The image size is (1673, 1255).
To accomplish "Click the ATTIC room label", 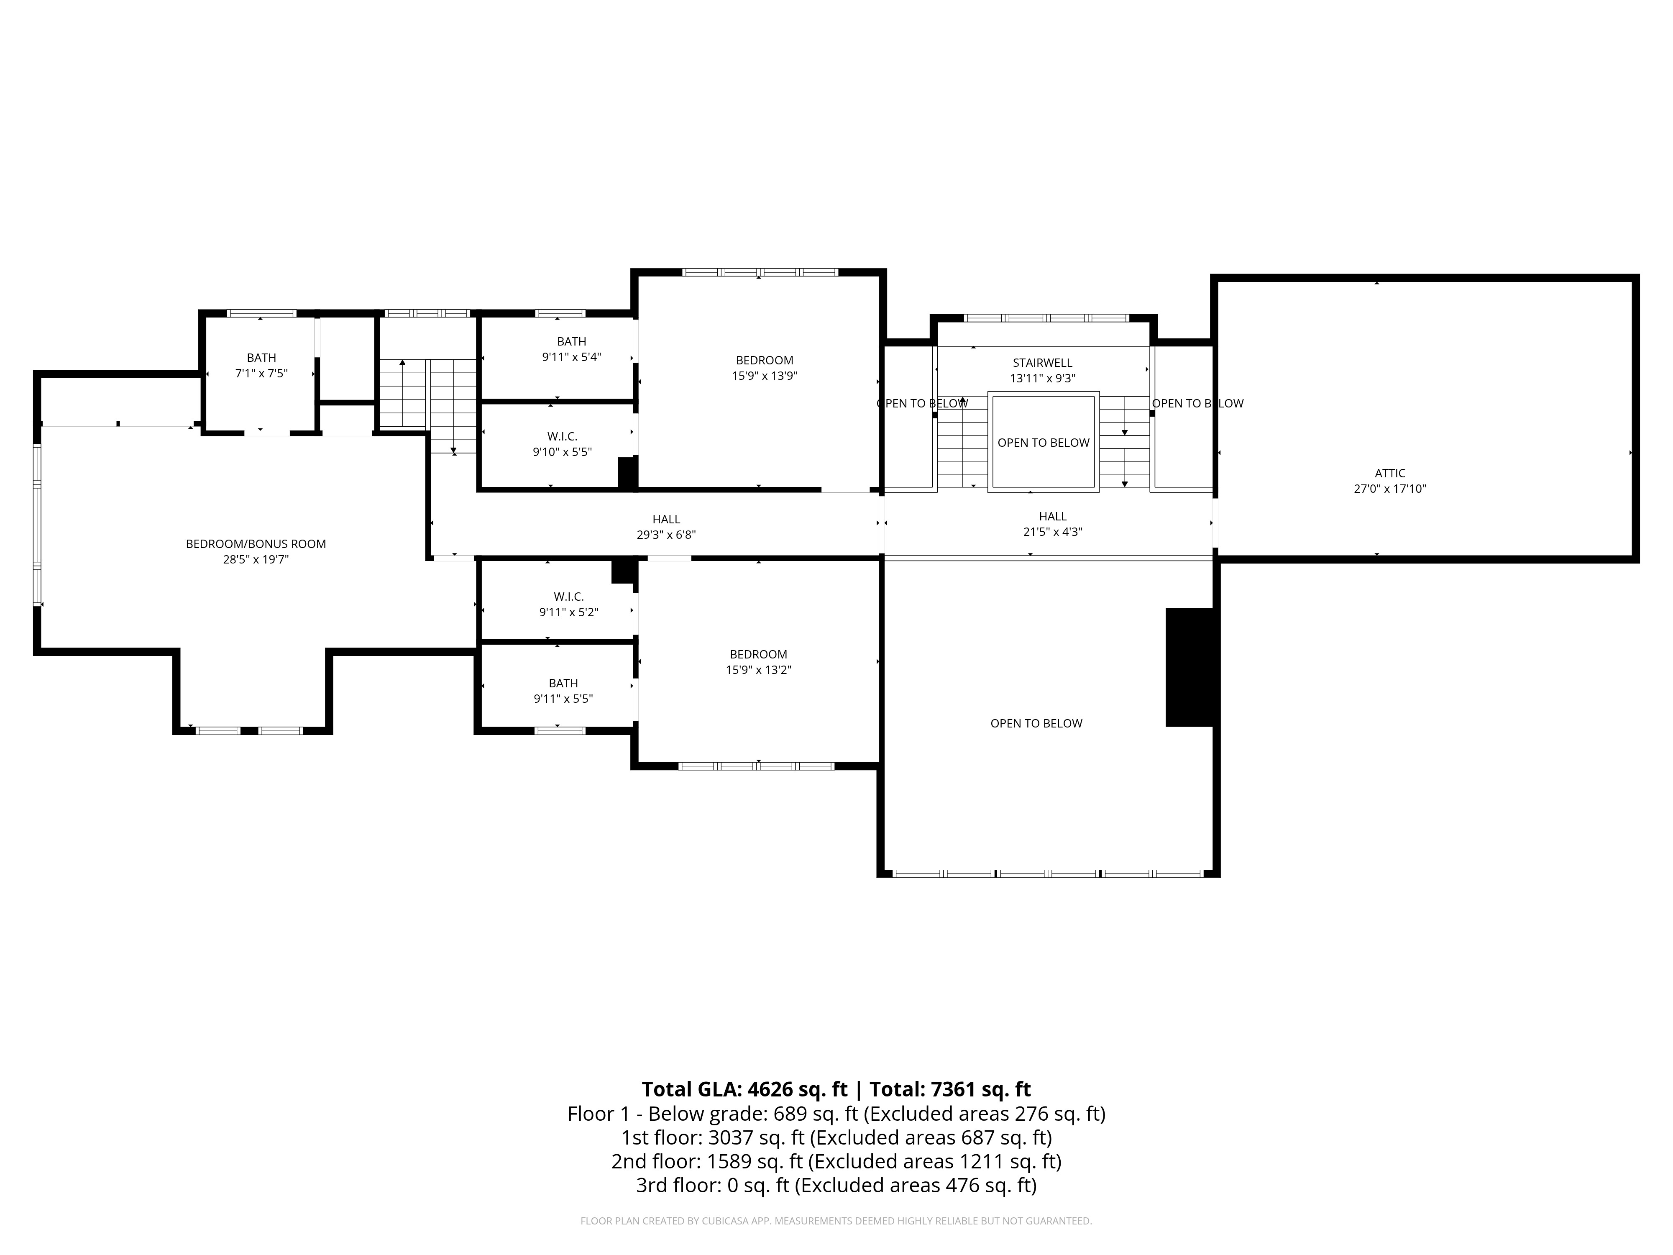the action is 1390,474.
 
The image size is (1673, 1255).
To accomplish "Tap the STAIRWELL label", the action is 1042,363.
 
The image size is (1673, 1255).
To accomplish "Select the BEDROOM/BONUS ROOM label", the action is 256,544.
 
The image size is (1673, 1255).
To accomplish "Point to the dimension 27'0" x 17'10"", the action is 1390,489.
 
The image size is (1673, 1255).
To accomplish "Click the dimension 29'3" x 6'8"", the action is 666,535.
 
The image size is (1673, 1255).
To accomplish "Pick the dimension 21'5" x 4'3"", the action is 1053,532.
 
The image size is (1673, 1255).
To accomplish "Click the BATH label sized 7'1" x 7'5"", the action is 262,358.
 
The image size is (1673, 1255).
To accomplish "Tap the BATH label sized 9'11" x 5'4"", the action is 572,342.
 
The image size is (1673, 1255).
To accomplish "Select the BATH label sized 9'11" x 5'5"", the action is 563,683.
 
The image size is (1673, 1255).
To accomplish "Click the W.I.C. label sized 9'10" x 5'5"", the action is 562,436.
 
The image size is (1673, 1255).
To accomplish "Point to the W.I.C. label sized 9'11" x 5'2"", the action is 569,597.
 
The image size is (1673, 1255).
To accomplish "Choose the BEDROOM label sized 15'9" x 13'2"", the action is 759,654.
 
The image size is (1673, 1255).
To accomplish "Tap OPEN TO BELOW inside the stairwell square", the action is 1044,443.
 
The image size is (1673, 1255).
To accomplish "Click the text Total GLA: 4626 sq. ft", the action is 744,1089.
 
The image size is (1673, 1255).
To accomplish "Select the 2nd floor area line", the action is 836,1161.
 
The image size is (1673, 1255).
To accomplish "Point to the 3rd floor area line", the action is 836,1186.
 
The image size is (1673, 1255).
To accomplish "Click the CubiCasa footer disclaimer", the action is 836,1221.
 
